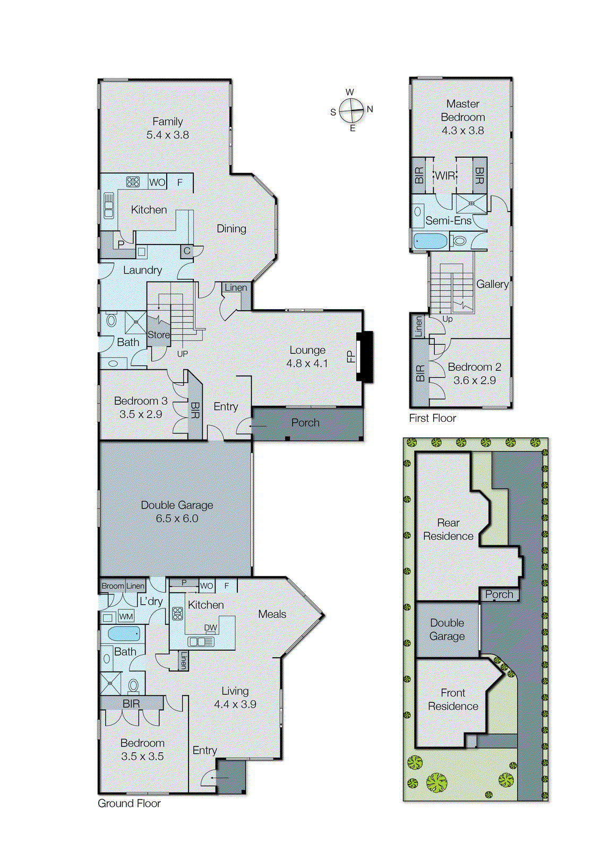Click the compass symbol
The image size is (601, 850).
351,110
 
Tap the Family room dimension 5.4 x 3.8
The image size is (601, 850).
168,135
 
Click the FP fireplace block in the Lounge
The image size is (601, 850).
365,356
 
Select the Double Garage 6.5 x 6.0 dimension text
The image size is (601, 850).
177,518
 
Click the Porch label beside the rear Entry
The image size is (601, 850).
305,423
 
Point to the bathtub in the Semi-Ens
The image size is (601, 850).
430,241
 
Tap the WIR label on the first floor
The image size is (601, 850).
445,176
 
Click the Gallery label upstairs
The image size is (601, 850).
492,284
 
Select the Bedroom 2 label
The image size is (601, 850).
474,367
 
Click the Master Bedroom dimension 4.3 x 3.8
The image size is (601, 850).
462,131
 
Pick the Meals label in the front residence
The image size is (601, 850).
272,614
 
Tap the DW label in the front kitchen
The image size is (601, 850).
211,627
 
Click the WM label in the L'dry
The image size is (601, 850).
126,617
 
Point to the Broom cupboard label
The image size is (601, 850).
113,586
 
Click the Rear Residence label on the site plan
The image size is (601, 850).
448,530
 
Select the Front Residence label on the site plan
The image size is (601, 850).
453,700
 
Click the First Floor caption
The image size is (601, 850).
432,418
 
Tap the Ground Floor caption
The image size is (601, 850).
129,803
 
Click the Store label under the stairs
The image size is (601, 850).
159,335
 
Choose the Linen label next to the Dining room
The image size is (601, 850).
236,287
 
